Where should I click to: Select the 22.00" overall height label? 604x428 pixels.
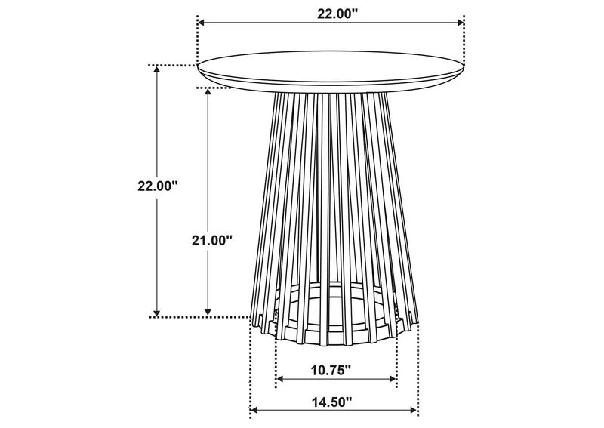point(158,186)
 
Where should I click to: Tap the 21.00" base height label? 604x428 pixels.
point(212,241)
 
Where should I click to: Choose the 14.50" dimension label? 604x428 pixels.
point(331,402)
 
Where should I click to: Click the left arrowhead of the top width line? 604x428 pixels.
point(200,23)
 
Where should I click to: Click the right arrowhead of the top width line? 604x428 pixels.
point(461,23)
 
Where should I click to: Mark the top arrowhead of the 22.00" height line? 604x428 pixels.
point(157,69)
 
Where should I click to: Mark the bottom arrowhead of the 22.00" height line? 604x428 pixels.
point(157,313)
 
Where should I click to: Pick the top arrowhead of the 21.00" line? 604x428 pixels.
point(208,91)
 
